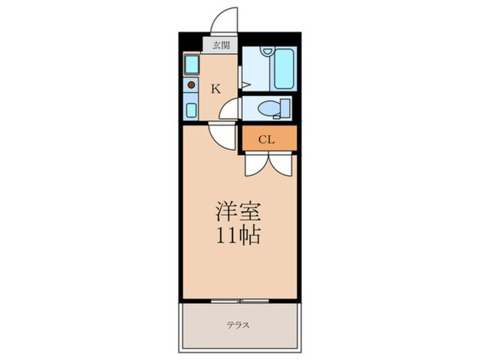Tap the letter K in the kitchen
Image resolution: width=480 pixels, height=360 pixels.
216,88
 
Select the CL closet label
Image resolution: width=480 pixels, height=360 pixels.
267,140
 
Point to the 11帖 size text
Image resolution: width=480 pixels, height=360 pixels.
238,234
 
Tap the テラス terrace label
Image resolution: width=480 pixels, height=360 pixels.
239,326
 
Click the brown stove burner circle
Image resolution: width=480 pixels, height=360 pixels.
191,85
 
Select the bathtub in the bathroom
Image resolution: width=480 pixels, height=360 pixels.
284,69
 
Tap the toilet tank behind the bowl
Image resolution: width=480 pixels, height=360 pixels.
284,108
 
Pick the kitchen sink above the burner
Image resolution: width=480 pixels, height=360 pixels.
191,64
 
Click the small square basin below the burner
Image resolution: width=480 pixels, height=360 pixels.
191,109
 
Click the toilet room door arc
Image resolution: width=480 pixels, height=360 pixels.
229,109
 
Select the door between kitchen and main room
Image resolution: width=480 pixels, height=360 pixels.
221,136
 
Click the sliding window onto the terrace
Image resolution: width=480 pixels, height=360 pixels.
239,300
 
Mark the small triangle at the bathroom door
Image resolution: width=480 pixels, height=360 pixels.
245,85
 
